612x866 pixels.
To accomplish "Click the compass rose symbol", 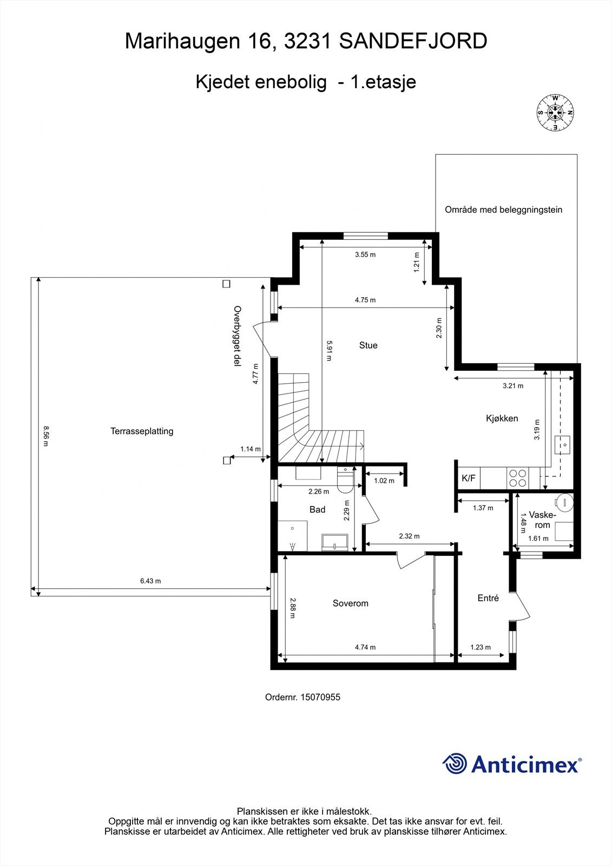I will pos(555,113).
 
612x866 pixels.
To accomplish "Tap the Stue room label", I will pos(368,345).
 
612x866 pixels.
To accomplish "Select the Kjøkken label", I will pos(502,418).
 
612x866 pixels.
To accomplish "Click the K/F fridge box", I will pos(468,478).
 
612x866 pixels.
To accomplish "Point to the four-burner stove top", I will pos(517,478).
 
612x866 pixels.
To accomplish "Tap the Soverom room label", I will pos(350,603).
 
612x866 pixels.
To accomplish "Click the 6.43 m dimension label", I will pos(150,581).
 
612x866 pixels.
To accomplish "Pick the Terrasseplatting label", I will pos(142,431).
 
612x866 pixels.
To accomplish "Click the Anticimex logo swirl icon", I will pos(455,764).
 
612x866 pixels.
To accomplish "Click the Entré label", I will pos(488,598).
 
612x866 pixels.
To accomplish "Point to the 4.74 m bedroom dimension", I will pos(365,647).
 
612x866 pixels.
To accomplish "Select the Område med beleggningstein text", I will pos(503,209).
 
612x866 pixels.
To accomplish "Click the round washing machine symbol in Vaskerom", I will pos(564,502).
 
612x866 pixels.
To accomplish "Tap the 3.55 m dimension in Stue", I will pos(365,254).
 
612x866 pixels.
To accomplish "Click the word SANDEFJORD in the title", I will pos(413,41).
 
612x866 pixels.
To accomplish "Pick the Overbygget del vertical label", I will pos(236,337).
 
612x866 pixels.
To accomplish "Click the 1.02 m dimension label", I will pos(384,481).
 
